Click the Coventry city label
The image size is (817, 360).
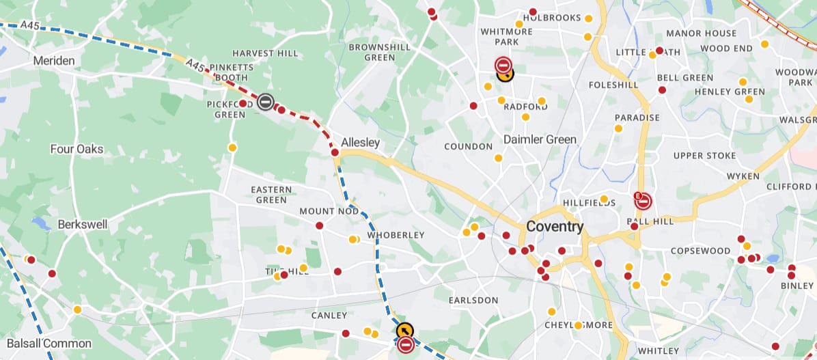(555, 227)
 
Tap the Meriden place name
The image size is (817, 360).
(54, 61)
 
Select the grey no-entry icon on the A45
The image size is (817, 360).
(266, 102)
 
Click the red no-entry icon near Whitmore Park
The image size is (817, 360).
(503, 66)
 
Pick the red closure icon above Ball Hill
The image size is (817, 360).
(643, 201)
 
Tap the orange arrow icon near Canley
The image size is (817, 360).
(404, 331)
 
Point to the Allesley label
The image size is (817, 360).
(360, 143)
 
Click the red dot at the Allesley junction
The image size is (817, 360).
(335, 153)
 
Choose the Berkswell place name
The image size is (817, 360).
(79, 224)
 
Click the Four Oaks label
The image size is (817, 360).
(77, 149)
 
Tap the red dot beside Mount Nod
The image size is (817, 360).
(319, 225)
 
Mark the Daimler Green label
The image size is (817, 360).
(540, 139)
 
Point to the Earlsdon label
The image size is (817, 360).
(473, 300)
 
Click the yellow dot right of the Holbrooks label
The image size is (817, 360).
(587, 18)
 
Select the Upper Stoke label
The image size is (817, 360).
(704, 156)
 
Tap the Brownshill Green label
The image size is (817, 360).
(380, 52)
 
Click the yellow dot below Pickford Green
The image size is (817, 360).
(232, 148)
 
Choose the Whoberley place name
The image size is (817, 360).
(396, 235)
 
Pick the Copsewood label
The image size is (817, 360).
(700, 251)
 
